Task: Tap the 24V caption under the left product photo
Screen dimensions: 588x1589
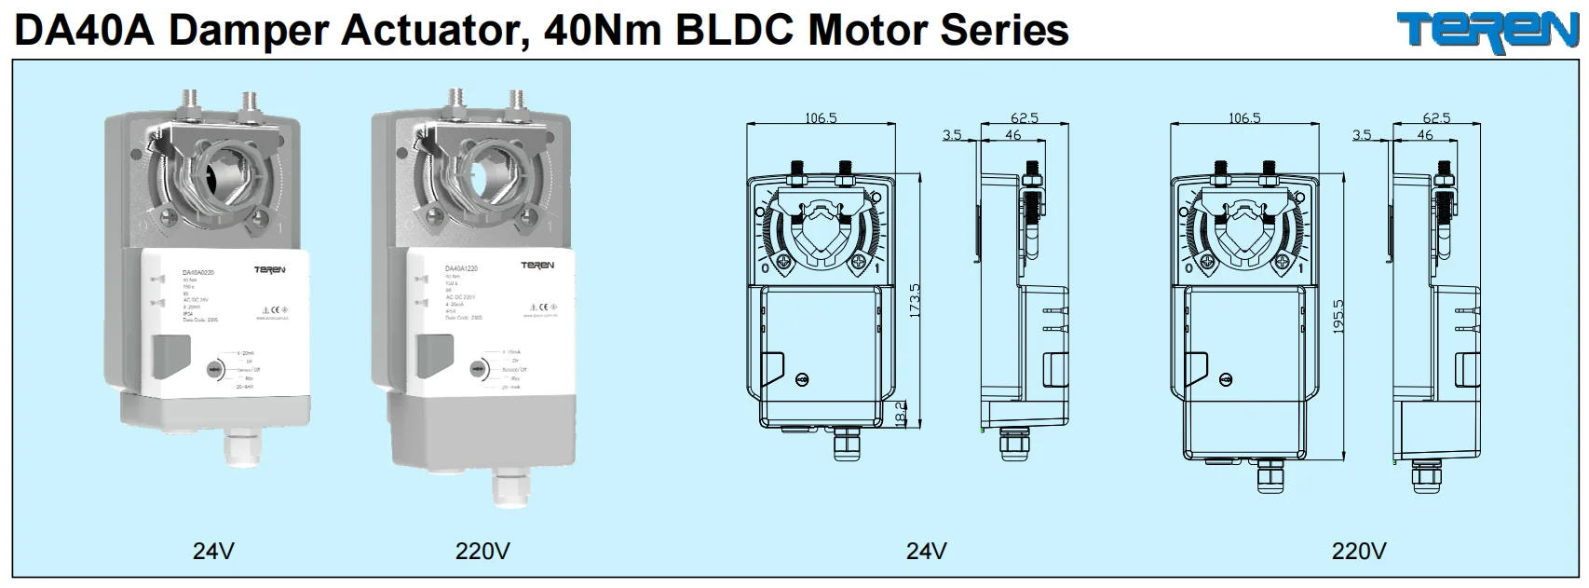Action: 213,551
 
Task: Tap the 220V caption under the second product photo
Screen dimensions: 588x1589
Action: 482,551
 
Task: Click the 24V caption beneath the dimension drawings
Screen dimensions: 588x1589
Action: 926,551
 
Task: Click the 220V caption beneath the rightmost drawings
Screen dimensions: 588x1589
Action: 1358,551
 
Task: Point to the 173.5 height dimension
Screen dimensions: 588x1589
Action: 915,301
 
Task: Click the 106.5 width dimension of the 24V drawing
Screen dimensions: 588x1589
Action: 821,118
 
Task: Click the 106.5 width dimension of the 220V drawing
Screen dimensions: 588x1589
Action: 1244,118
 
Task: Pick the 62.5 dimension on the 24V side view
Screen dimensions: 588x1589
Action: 1024,118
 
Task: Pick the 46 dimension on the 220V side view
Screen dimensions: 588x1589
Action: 1425,135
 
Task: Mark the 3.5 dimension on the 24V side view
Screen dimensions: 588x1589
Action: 951,135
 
